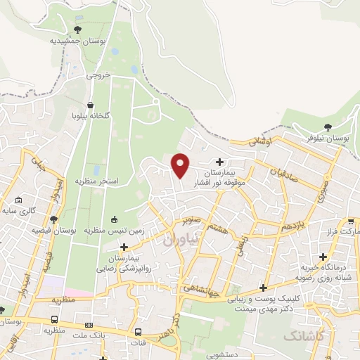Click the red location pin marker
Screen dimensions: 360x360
coord(181,165)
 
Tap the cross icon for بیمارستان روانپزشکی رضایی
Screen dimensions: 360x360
coord(124,247)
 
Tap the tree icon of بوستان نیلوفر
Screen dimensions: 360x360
coord(328,127)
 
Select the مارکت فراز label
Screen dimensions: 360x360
coord(343,231)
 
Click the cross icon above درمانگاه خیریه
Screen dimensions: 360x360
coord(323,257)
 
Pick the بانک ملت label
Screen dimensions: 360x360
coord(93,336)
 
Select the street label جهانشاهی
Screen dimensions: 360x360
coord(203,287)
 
